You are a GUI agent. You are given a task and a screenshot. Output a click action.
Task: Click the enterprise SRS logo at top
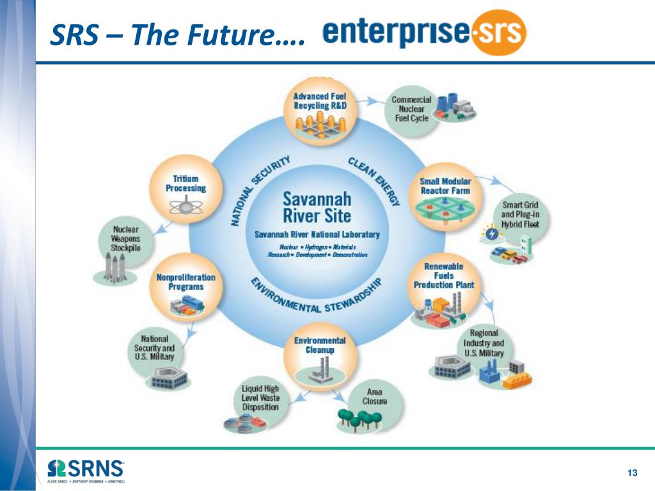(x=424, y=32)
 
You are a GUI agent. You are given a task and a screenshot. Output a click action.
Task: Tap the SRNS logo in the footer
(x=86, y=469)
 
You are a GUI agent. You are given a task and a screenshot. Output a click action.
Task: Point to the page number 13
(x=633, y=472)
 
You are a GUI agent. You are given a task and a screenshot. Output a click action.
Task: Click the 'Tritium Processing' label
(x=185, y=183)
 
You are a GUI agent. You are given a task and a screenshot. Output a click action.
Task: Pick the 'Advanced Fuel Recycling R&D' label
(x=320, y=101)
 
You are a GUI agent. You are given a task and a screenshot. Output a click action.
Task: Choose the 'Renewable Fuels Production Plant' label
(x=444, y=276)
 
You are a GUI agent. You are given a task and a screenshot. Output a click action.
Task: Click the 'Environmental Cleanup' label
(x=320, y=345)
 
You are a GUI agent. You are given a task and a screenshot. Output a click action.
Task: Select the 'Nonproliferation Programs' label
(x=185, y=282)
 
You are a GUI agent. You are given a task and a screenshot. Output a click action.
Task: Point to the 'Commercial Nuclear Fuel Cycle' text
(x=411, y=109)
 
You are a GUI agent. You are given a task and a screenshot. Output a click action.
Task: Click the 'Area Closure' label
(x=374, y=396)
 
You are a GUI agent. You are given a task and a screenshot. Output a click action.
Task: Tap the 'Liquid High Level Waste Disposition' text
(x=260, y=398)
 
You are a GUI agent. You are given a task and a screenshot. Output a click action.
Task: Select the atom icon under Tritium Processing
(x=186, y=206)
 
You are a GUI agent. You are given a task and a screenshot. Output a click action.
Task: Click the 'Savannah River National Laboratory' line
(x=317, y=234)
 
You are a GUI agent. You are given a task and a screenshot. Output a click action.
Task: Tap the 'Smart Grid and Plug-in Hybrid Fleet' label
(x=520, y=215)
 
